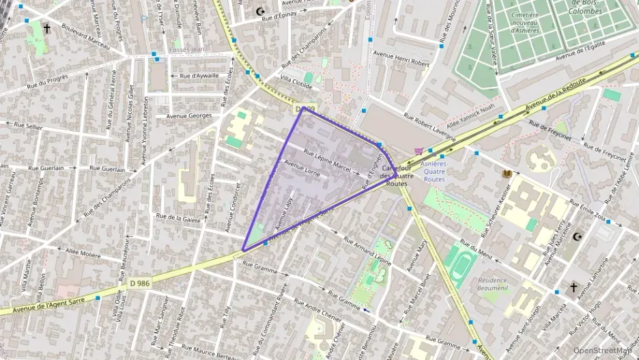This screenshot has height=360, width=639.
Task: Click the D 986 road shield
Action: [139, 282]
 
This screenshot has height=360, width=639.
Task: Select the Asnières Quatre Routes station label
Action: [434, 171]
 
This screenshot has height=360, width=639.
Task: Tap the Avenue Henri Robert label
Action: [401, 63]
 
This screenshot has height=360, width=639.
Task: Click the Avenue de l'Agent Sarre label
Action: [36, 304]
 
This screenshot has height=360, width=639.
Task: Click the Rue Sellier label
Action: [28, 126]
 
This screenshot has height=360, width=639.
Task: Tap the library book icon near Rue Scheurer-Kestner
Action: [507, 174]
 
